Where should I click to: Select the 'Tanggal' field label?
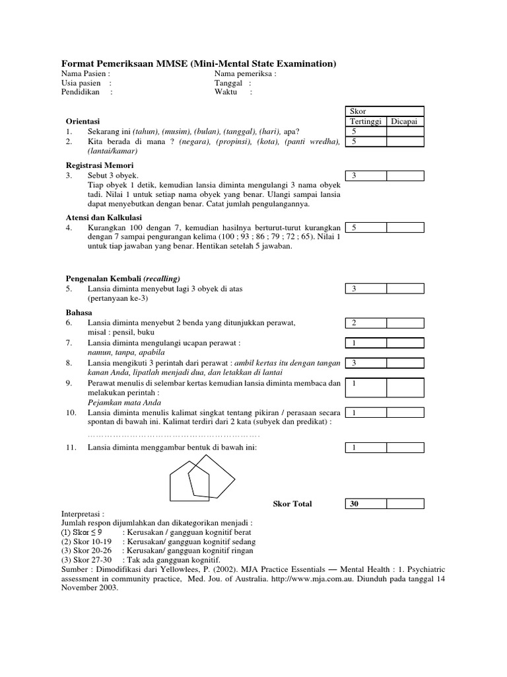click(x=228, y=83)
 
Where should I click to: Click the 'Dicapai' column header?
click(x=405, y=122)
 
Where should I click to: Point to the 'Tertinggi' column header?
click(x=365, y=122)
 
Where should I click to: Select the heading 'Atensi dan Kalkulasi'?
click(x=104, y=218)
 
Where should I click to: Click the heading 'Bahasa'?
click(x=79, y=311)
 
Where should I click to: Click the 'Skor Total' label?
click(x=292, y=504)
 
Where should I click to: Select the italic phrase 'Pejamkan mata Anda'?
click(x=124, y=403)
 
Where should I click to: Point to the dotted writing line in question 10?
click(x=174, y=435)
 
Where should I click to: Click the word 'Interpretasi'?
click(x=82, y=514)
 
